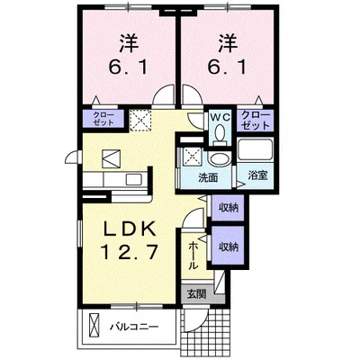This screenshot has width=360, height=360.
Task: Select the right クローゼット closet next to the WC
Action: click(x=256, y=121)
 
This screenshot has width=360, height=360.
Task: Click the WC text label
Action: click(x=220, y=116)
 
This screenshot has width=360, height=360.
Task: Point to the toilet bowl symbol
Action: click(x=220, y=135)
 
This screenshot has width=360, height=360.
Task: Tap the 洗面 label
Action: click(x=210, y=177)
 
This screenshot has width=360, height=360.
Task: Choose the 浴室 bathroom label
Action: click(x=256, y=176)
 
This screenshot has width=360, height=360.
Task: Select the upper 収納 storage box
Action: click(x=228, y=208)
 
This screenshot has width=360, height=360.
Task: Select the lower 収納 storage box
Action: click(x=228, y=245)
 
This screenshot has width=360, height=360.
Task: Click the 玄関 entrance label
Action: click(x=196, y=293)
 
